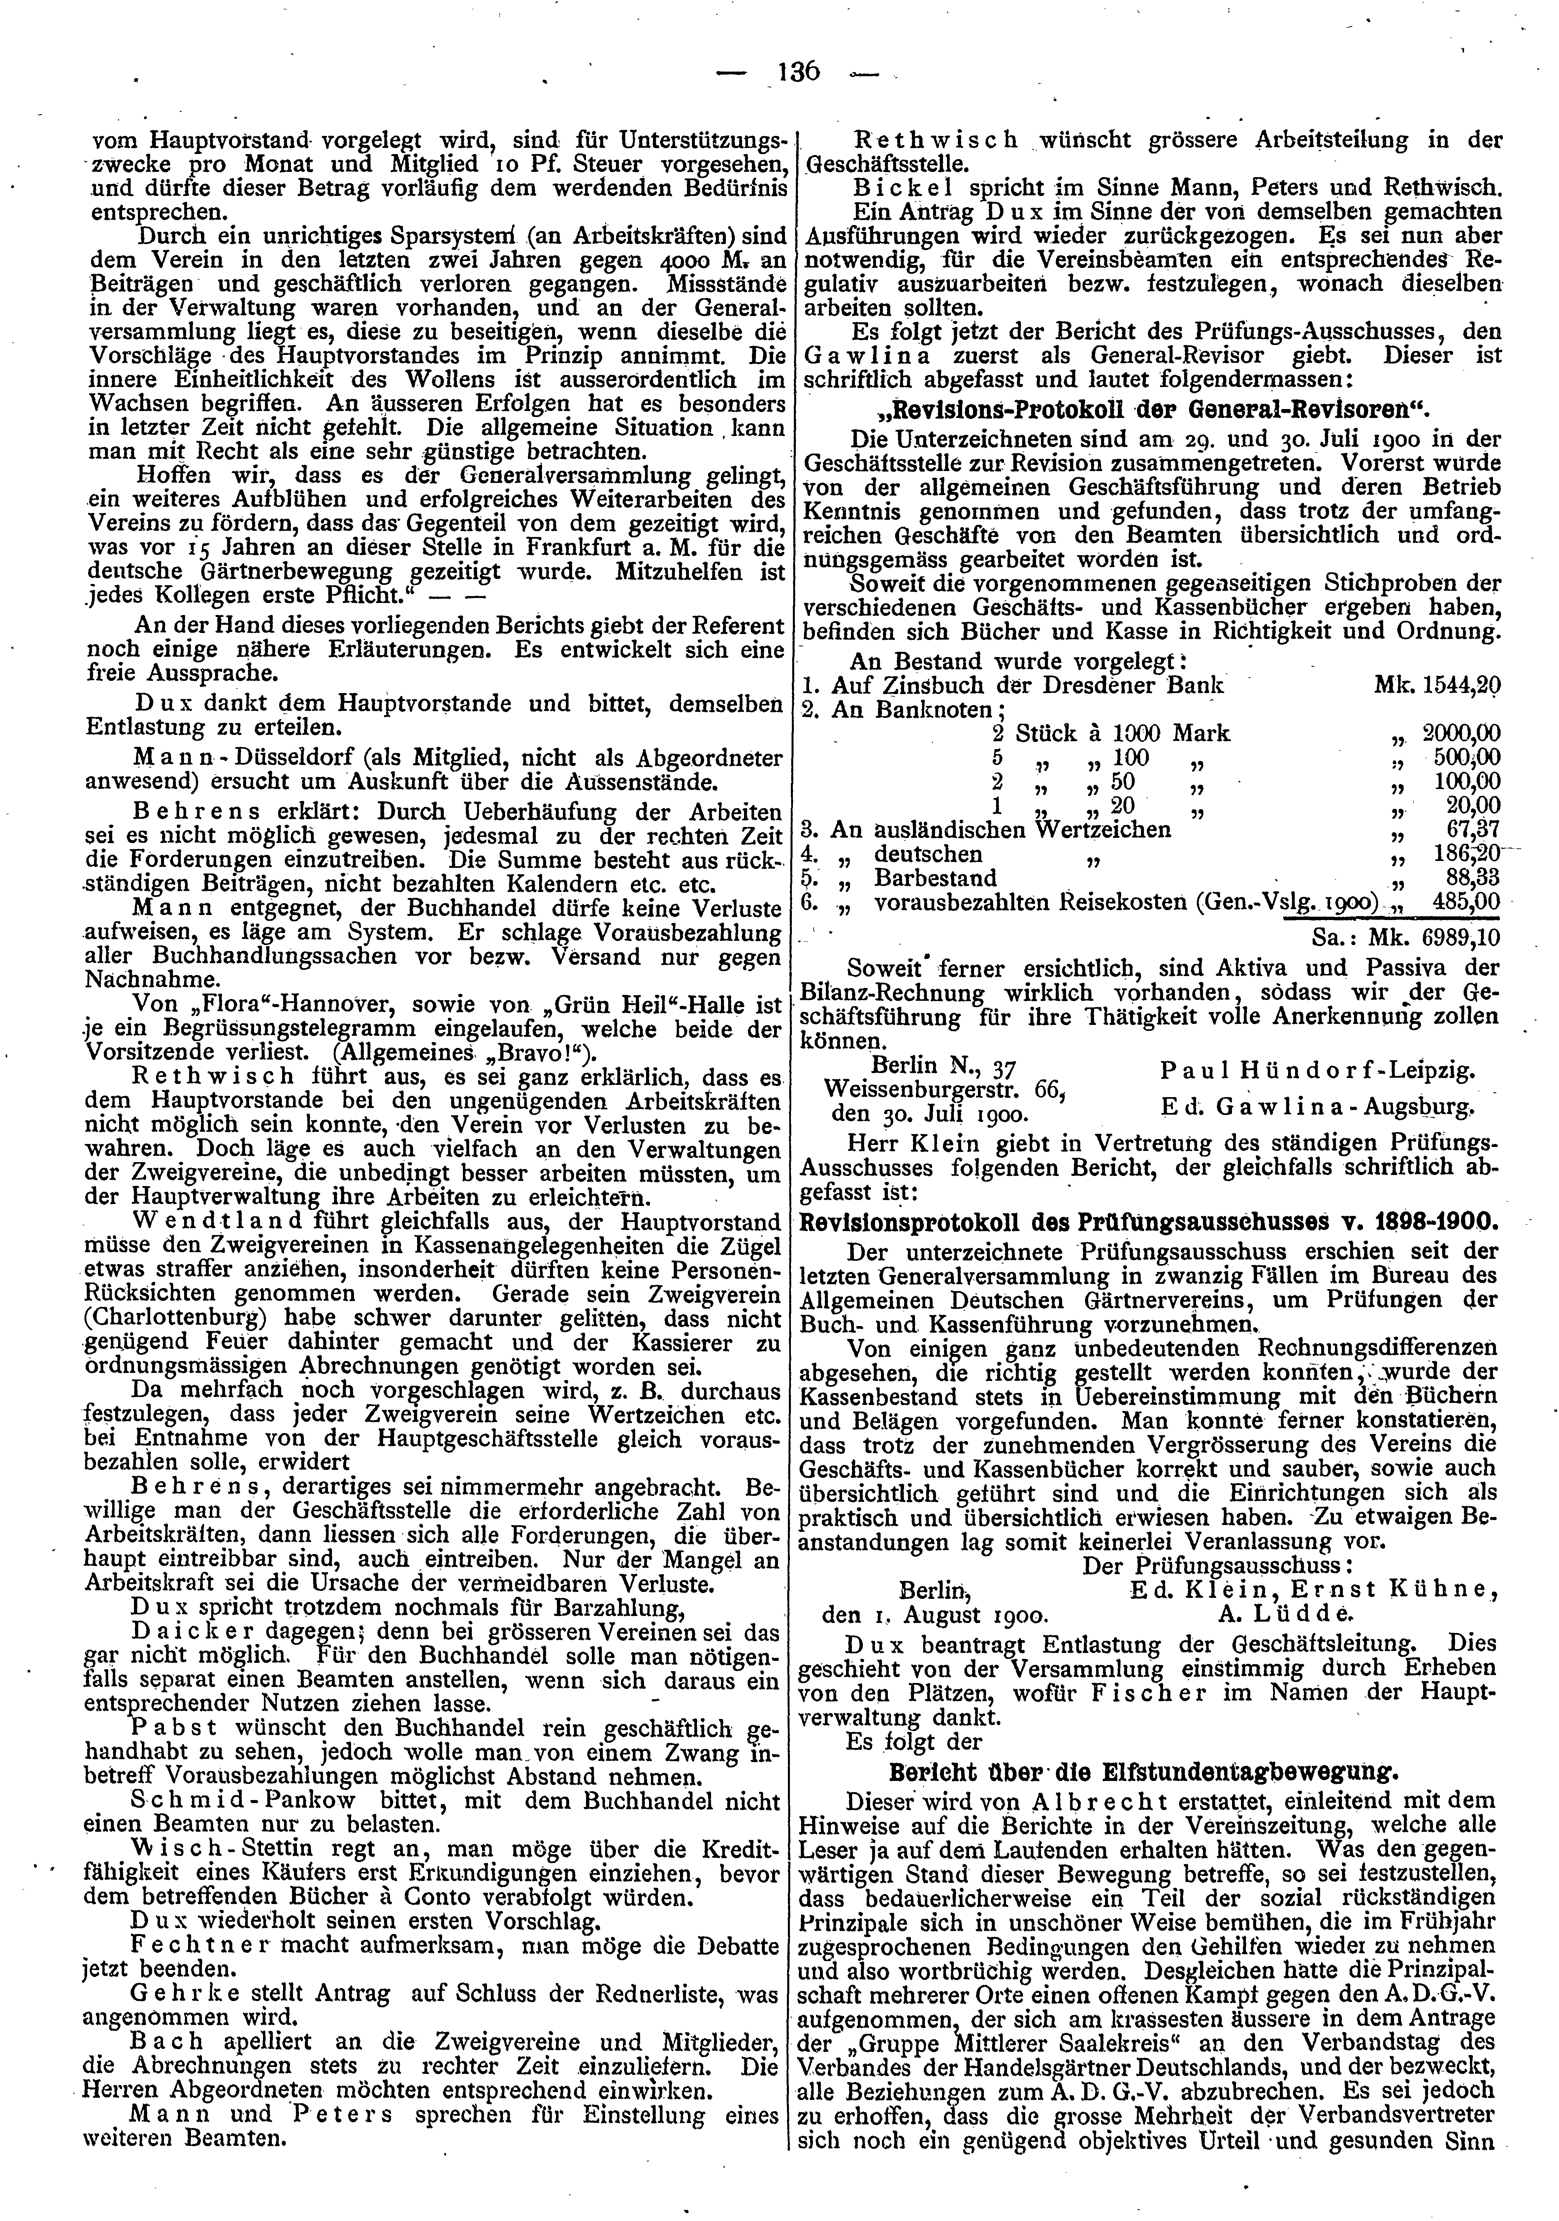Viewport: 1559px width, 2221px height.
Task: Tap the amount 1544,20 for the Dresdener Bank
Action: point(1461,685)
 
